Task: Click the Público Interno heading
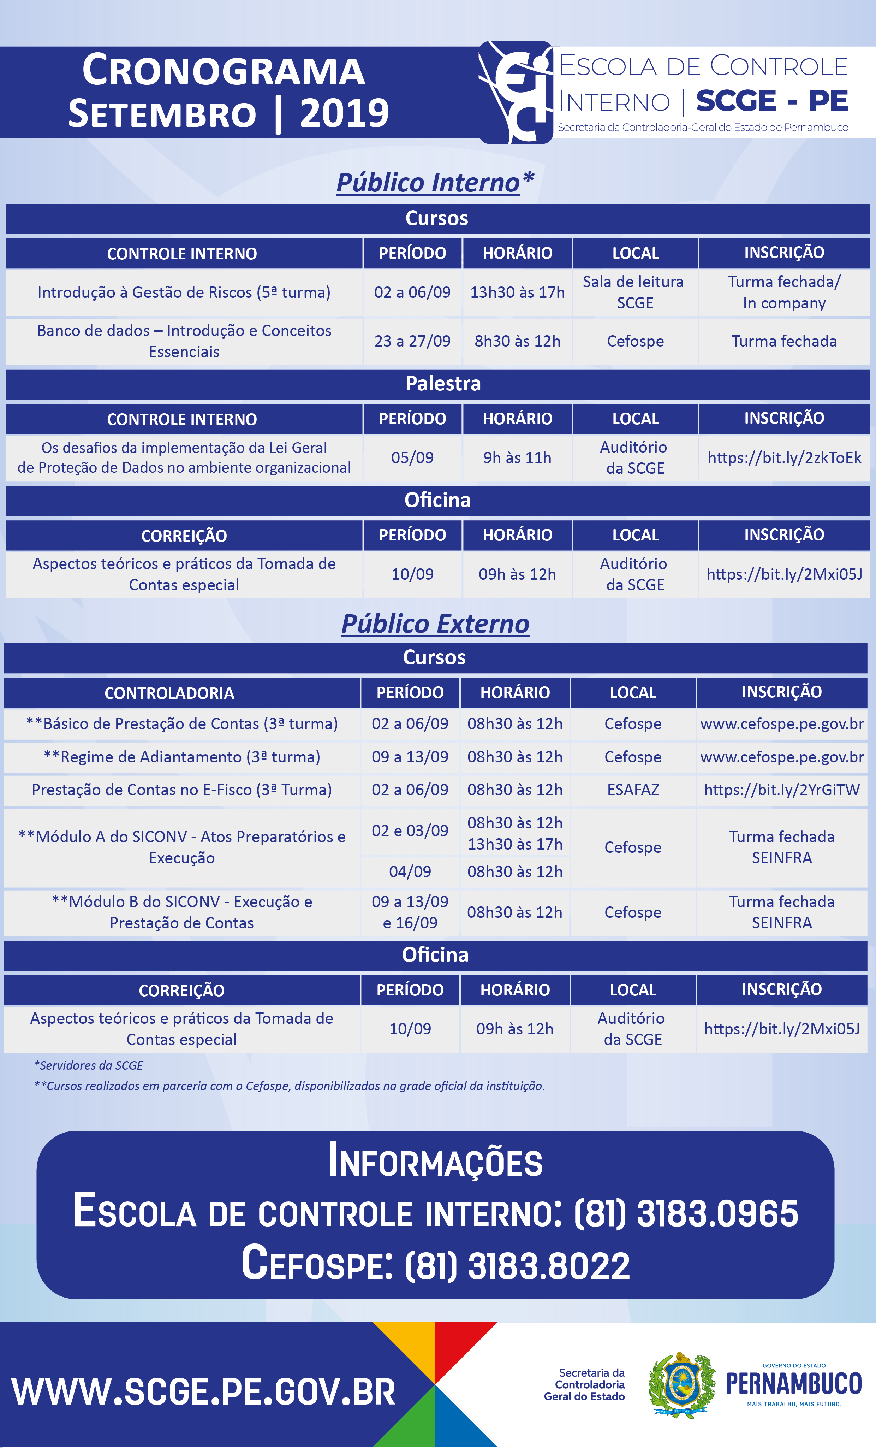click(435, 183)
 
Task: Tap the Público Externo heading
click(435, 624)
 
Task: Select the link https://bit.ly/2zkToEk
click(784, 458)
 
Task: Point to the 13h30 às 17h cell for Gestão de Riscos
click(517, 292)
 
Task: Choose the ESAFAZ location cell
click(633, 790)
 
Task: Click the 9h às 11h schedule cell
click(517, 458)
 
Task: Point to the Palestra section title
click(443, 384)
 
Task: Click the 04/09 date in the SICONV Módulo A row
click(410, 871)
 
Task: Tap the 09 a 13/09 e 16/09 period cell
click(410, 912)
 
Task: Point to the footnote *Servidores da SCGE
click(89, 1065)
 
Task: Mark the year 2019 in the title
click(344, 113)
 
